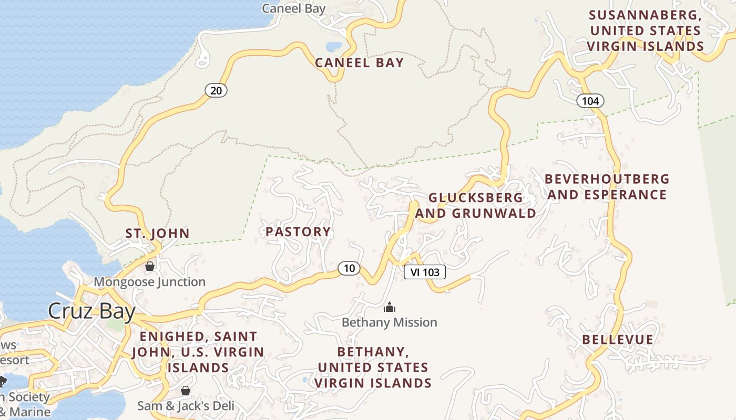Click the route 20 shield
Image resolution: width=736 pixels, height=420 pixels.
click(x=216, y=91)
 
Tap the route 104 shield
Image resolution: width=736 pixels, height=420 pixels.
click(x=590, y=101)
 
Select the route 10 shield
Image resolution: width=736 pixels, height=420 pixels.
click(x=349, y=268)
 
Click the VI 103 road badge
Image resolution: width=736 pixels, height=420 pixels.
click(x=424, y=272)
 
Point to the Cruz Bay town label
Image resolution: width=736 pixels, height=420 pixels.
click(x=91, y=311)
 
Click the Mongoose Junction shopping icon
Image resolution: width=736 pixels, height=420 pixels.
click(x=150, y=267)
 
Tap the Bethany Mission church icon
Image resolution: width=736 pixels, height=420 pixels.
click(x=389, y=307)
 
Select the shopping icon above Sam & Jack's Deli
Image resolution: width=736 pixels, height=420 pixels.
click(x=185, y=391)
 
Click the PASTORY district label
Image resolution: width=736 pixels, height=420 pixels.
click(x=298, y=232)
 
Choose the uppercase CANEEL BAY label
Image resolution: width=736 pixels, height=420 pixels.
click(x=360, y=63)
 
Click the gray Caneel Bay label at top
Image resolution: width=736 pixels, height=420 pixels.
click(x=294, y=8)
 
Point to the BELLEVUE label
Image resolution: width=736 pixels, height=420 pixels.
click(x=618, y=340)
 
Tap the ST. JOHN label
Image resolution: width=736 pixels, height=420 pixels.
click(x=157, y=234)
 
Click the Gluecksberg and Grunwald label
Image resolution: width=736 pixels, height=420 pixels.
click(x=476, y=205)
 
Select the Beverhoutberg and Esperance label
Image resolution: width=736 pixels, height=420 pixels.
click(x=607, y=187)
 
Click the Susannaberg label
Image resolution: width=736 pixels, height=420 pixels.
click(x=645, y=30)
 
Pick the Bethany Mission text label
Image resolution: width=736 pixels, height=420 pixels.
click(x=389, y=322)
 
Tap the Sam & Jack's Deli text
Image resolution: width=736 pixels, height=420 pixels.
click(x=186, y=406)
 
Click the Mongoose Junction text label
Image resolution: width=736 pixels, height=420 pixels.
click(x=149, y=282)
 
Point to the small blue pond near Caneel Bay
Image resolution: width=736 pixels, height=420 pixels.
click(x=334, y=46)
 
